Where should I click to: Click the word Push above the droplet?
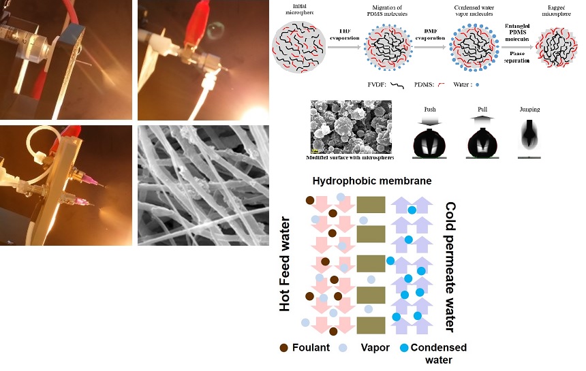point(431,109)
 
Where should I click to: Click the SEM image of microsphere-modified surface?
point(351,127)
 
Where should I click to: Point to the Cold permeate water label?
point(450,265)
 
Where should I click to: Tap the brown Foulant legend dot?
point(285,348)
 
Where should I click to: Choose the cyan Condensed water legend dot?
point(405,348)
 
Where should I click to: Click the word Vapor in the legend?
point(375,348)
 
